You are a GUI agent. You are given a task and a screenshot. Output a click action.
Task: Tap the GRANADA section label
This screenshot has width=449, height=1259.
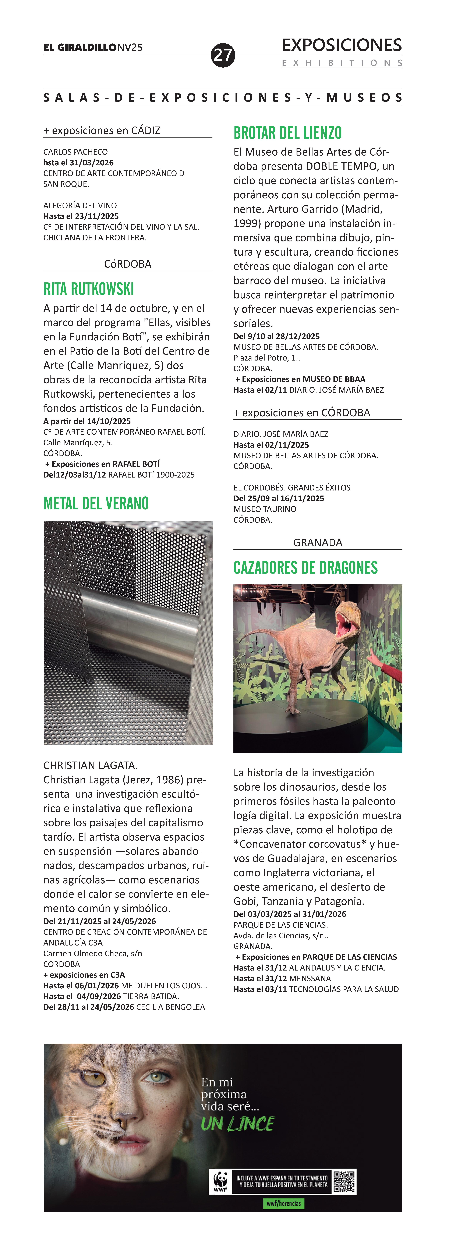tap(318, 543)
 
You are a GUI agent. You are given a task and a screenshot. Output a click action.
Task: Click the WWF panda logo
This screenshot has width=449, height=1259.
tap(220, 1181)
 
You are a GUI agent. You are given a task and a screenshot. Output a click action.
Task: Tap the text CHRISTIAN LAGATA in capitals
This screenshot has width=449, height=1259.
tap(90, 765)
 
